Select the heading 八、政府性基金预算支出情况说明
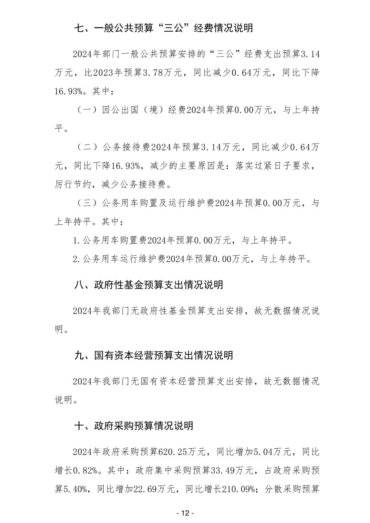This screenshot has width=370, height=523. pyautogui.click(x=148, y=285)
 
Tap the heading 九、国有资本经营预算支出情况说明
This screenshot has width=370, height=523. pyautogui.click(x=154, y=355)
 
